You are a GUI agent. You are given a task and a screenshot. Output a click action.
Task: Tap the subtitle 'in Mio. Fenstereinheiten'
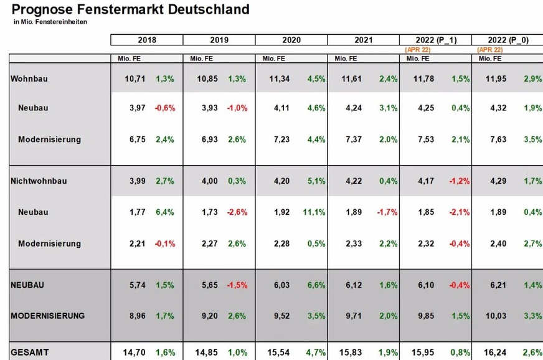click(50, 22)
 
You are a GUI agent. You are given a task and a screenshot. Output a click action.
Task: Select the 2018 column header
click(147, 40)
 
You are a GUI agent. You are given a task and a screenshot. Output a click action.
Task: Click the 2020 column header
click(291, 40)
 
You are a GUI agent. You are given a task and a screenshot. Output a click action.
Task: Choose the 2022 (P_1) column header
click(435, 40)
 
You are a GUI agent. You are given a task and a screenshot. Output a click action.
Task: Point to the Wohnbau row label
click(29, 78)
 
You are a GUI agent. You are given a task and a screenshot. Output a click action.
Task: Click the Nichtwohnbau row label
click(39, 181)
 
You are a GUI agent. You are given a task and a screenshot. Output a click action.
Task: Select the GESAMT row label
click(30, 352)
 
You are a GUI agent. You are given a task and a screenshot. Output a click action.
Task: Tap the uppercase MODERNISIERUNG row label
click(47, 316)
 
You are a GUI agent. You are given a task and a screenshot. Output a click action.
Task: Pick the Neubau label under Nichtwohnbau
click(33, 212)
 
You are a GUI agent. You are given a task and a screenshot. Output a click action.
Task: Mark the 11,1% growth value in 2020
click(315, 212)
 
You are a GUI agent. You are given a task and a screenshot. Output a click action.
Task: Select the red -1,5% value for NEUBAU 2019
click(237, 285)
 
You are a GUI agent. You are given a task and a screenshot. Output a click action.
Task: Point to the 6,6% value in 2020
click(316, 285)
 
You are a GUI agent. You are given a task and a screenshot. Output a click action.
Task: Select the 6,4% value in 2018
click(165, 212)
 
